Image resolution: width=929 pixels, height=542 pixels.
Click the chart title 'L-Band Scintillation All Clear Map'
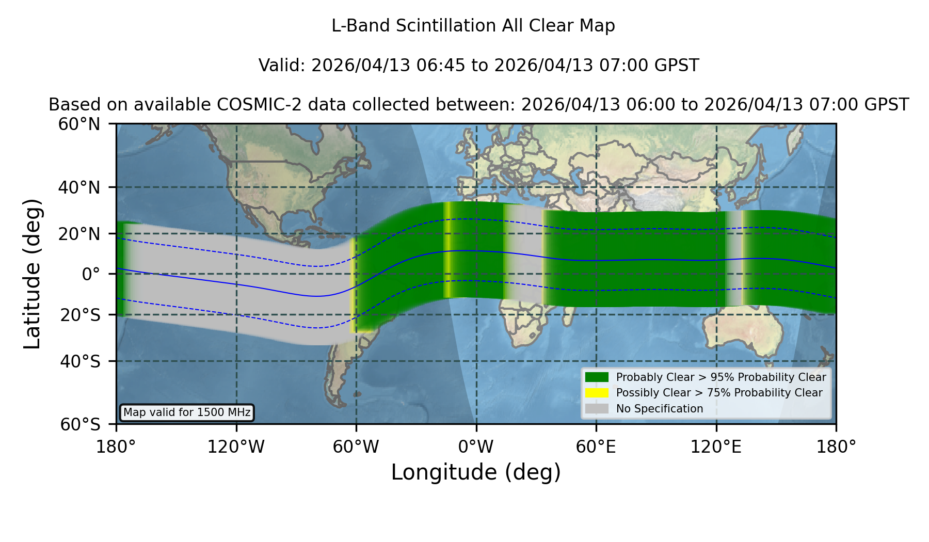[x=473, y=26]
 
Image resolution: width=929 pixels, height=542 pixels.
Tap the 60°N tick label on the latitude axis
[x=79, y=124]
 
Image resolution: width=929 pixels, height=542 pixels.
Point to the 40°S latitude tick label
[x=80, y=361]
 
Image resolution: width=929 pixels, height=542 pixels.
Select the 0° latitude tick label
[x=91, y=274]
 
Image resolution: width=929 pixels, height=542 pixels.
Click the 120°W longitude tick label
[x=236, y=447]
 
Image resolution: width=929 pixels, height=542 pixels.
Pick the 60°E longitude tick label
[x=596, y=447]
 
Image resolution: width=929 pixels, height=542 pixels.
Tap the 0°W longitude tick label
[x=476, y=447]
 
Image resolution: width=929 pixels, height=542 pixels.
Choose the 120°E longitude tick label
[x=716, y=447]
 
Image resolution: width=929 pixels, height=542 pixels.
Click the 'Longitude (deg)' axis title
[x=476, y=472]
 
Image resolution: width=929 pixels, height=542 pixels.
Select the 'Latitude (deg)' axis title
[x=32, y=274]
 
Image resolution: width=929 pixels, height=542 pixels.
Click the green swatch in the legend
[x=597, y=377]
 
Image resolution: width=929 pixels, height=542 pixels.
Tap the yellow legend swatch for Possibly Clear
[x=597, y=393]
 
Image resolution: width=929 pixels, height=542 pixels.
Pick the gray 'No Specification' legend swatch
[x=597, y=409]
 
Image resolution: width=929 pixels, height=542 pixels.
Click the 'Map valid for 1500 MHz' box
[x=187, y=412]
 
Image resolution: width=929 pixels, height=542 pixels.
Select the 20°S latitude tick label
[x=80, y=314]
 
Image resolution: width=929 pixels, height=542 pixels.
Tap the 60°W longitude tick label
[x=356, y=447]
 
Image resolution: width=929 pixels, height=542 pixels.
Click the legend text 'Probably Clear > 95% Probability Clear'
[x=721, y=377]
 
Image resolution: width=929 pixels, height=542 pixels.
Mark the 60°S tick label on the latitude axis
[x=80, y=424]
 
